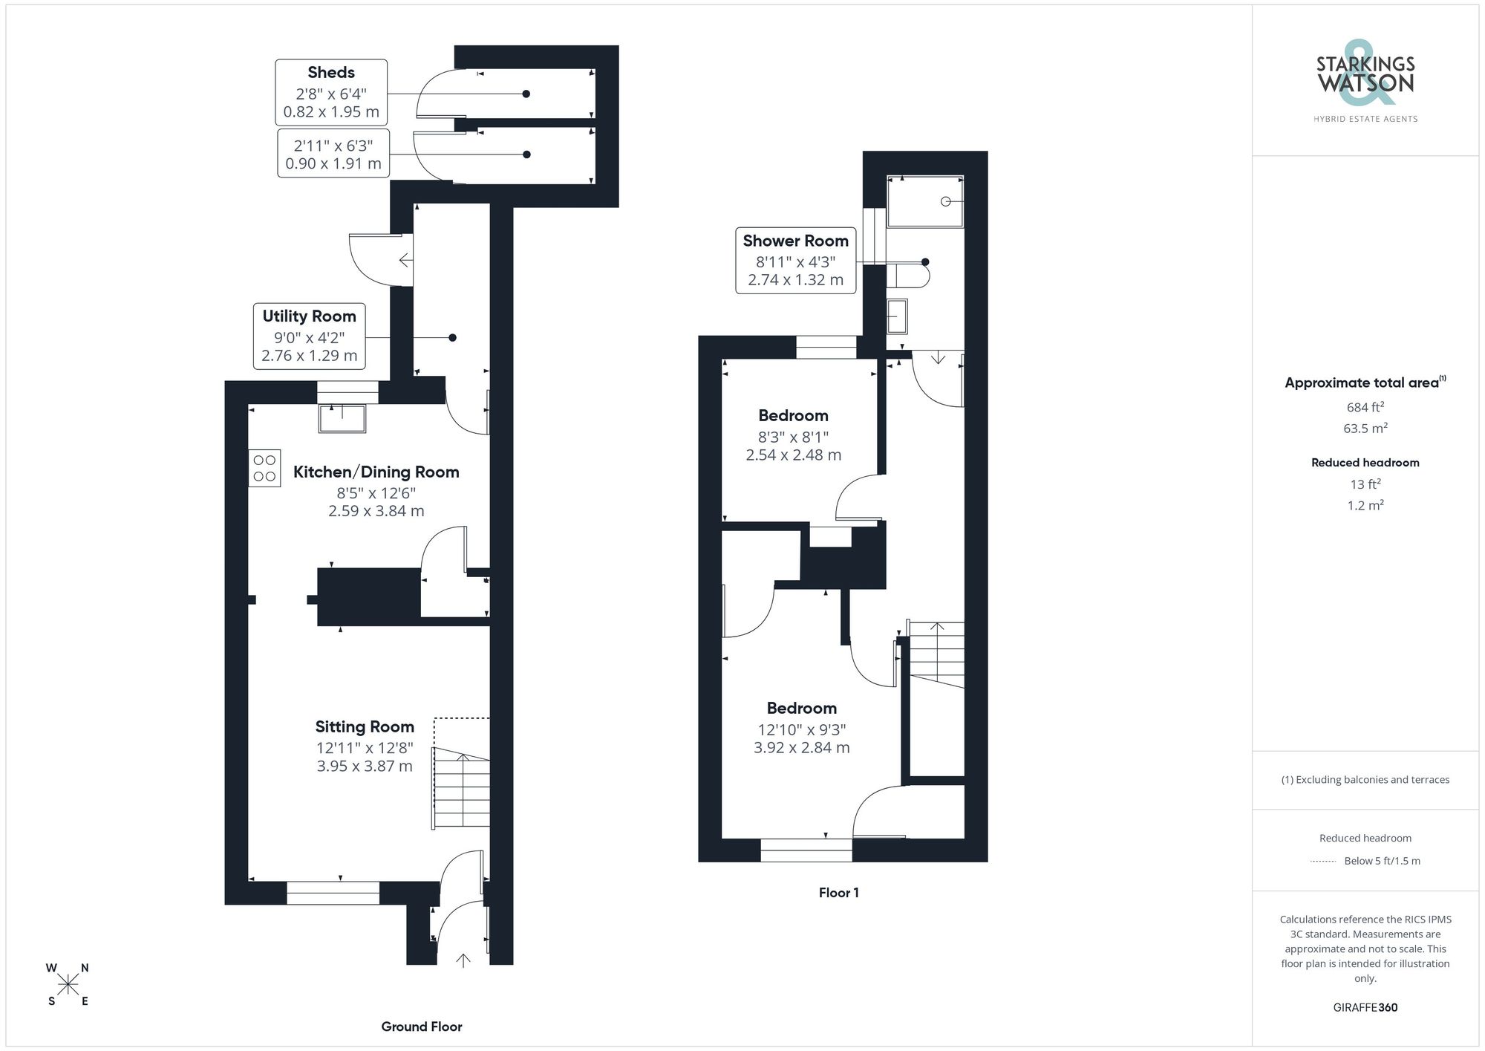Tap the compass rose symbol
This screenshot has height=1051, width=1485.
(68, 985)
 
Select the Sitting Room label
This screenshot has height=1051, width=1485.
(364, 726)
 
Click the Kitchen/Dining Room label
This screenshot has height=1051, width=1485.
(376, 472)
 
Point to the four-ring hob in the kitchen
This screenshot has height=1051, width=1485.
(264, 468)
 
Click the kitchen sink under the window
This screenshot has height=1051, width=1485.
(342, 418)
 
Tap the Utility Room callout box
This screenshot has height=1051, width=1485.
(309, 336)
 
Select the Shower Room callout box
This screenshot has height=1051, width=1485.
(795, 261)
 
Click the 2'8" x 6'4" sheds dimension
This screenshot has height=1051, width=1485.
(331, 94)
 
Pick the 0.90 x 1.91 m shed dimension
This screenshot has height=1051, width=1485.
(333, 163)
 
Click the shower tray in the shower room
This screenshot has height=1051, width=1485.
(925, 201)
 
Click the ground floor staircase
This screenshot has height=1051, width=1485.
(461, 789)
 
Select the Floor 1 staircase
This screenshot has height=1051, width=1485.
(937, 654)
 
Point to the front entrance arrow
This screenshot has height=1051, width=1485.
(463, 960)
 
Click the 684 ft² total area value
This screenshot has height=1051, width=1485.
(1365, 407)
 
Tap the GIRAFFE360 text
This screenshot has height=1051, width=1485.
(1365, 1007)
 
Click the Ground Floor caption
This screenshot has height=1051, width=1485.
(422, 1026)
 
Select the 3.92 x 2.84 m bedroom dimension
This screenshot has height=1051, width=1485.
(801, 748)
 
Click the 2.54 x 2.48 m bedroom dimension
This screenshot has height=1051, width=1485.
(793, 455)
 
